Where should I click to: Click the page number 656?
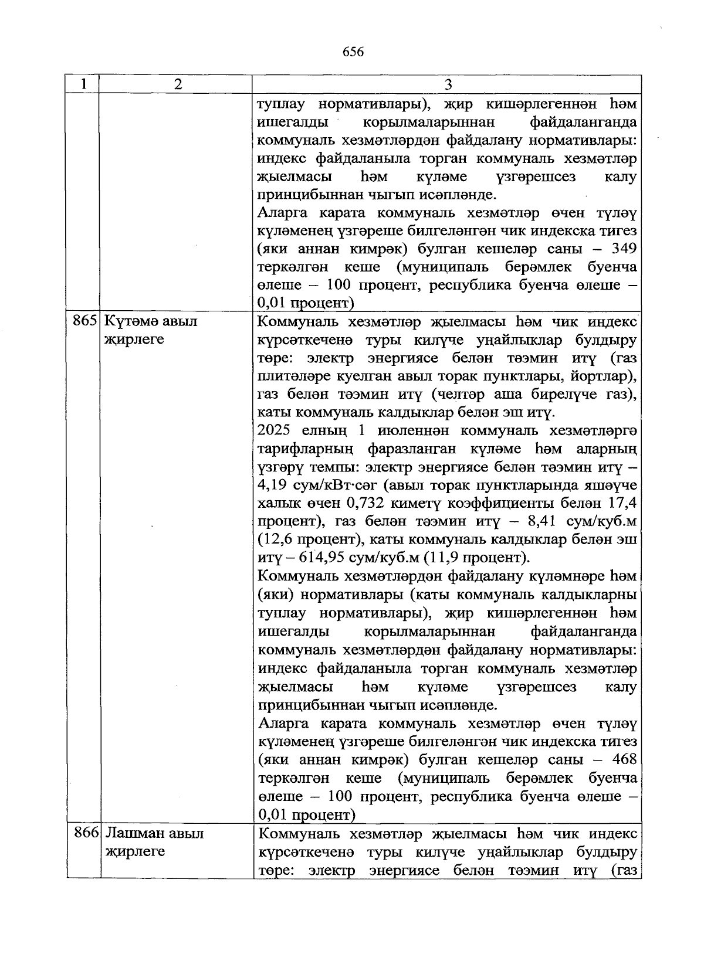coord(353,52)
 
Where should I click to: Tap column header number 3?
coord(447,84)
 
